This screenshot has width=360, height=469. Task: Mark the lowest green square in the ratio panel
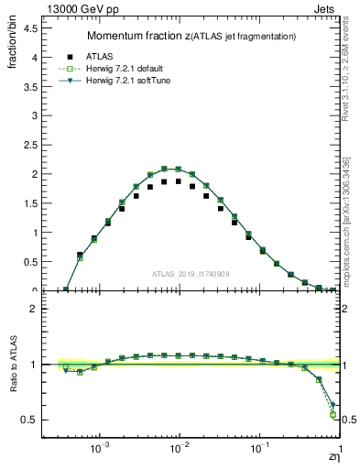point(332,415)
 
